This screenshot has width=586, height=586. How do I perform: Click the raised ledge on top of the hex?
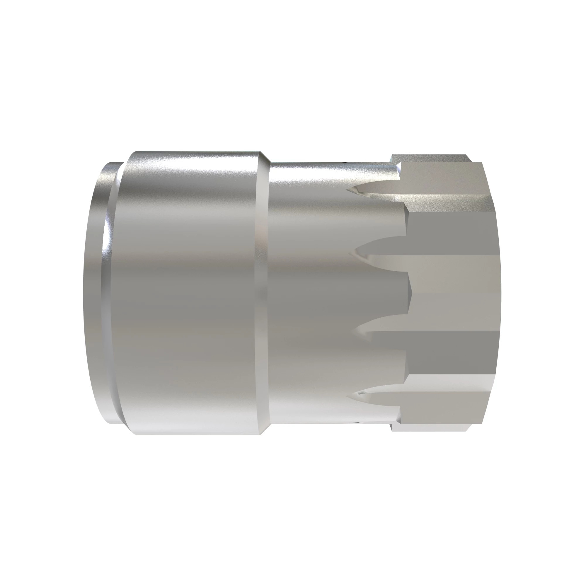pos(431,158)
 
